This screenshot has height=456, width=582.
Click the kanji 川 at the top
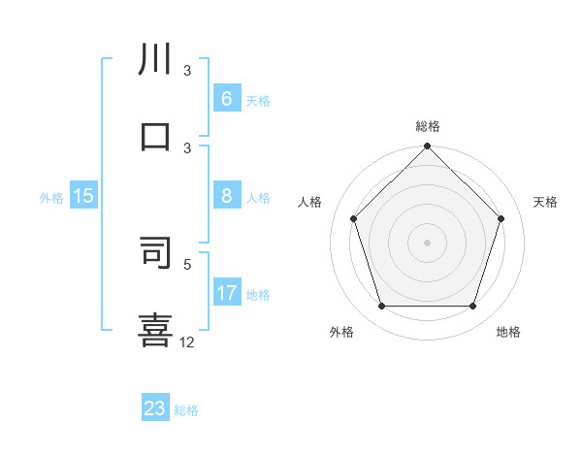pos(155,60)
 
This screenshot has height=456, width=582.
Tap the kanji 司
pos(155,252)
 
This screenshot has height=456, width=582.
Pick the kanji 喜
pos(155,328)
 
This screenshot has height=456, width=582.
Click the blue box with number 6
pos(226,99)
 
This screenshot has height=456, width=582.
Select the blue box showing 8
pos(226,196)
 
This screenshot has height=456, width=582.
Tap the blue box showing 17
pos(226,293)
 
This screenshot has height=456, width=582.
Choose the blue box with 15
pos(83,196)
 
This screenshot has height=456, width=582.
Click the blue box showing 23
pos(155,408)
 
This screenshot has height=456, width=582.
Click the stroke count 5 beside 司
pos(188,263)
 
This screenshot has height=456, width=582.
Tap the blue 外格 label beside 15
pos(51,197)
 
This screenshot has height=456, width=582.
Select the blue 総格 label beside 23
pos(186,410)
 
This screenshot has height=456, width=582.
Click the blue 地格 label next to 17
pos(258,295)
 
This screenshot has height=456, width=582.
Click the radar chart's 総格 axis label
pos(427,126)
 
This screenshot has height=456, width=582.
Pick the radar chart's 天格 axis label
pos(546,202)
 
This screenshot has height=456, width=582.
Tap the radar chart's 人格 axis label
pos(310,202)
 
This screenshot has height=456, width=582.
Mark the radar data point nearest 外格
pos(381,307)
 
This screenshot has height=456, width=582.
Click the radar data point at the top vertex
pos(427,148)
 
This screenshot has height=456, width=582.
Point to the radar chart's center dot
pos(427,242)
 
